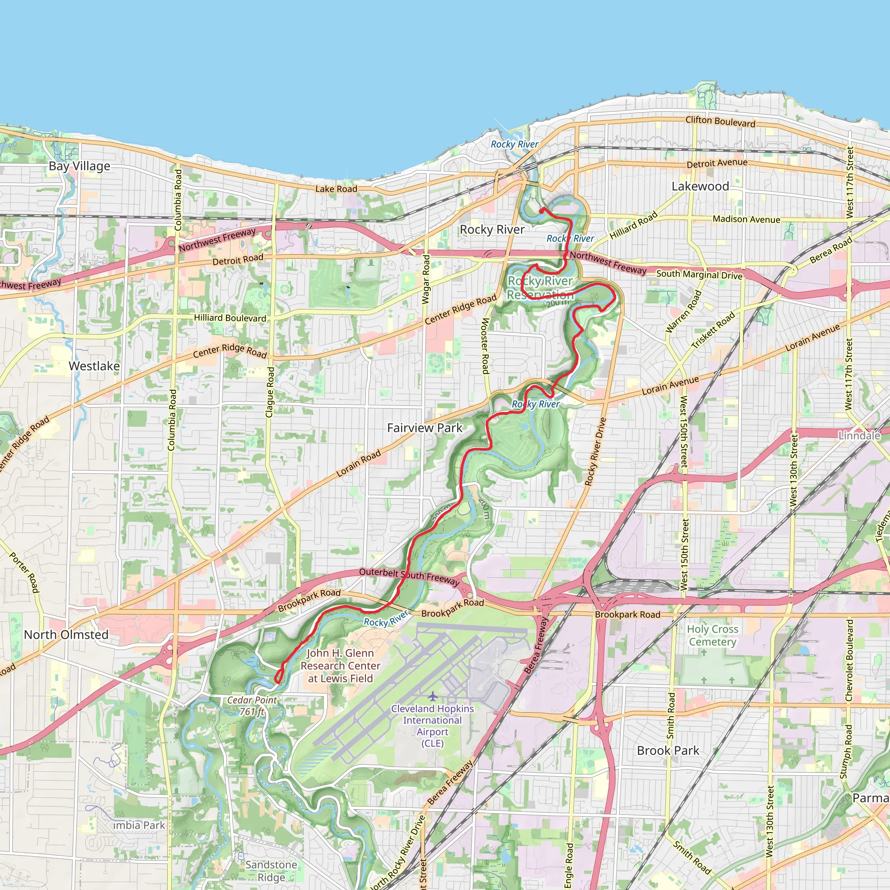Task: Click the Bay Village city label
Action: click(79, 166)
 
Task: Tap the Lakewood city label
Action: click(700, 186)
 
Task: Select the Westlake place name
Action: click(94, 366)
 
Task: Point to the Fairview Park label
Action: click(424, 428)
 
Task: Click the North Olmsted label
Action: click(66, 634)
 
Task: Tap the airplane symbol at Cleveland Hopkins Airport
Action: click(432, 696)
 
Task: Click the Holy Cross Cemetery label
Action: click(712, 635)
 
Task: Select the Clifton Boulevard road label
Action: click(720, 121)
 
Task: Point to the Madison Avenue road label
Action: click(746, 219)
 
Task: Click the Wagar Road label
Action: click(426, 279)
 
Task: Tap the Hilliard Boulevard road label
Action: click(229, 318)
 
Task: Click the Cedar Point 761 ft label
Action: click(252, 706)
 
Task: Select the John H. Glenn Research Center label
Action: click(340, 666)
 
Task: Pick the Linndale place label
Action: click(859, 435)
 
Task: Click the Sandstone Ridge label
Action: click(271, 870)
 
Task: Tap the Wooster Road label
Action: click(485, 345)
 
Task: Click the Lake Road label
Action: click(336, 189)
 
